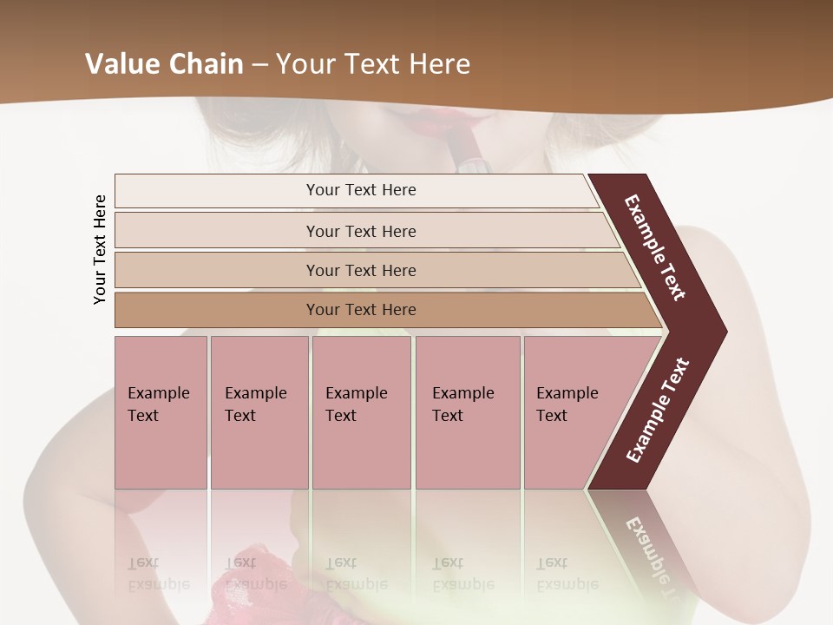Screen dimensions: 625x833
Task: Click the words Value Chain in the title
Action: (163, 64)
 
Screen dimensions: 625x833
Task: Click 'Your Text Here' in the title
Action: (373, 64)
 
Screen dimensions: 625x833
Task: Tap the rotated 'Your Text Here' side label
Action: (100, 249)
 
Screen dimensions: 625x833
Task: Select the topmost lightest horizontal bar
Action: (360, 190)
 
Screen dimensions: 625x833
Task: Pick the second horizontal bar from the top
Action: (360, 231)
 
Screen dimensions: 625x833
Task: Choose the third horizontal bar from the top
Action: (360, 270)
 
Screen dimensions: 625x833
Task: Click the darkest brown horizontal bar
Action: (360, 310)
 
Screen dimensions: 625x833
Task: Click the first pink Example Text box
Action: (161, 412)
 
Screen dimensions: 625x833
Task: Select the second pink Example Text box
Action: (259, 412)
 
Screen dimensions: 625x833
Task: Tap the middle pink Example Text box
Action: (361, 412)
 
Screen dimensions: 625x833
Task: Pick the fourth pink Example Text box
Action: (468, 412)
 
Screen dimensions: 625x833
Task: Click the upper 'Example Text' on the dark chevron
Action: (655, 247)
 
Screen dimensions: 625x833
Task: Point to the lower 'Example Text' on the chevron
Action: (657, 410)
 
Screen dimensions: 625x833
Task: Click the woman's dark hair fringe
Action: (247, 130)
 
